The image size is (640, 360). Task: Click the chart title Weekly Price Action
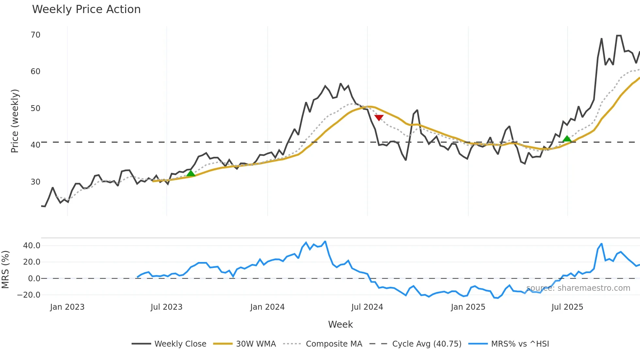[x=86, y=9]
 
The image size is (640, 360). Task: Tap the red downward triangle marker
[x=379, y=118]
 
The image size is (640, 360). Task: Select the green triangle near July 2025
[x=567, y=139]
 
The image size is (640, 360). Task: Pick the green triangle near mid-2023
[x=191, y=173]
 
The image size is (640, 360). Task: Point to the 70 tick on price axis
[x=35, y=35]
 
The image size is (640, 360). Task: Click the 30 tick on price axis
[x=35, y=182]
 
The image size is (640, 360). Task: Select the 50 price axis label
[x=35, y=108]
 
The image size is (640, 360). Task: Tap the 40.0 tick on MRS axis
[x=32, y=246]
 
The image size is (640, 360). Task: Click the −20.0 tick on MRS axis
[x=29, y=295]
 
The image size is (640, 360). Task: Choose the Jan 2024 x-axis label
[x=267, y=307]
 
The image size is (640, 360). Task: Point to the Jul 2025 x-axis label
[x=567, y=307]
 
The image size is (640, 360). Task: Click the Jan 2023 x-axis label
[x=67, y=307]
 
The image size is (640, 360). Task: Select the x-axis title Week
[x=340, y=324]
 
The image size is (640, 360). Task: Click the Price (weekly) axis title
[x=15, y=121]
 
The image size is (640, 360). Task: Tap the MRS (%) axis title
[x=5, y=270]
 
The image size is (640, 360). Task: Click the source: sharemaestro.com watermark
[x=578, y=288]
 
